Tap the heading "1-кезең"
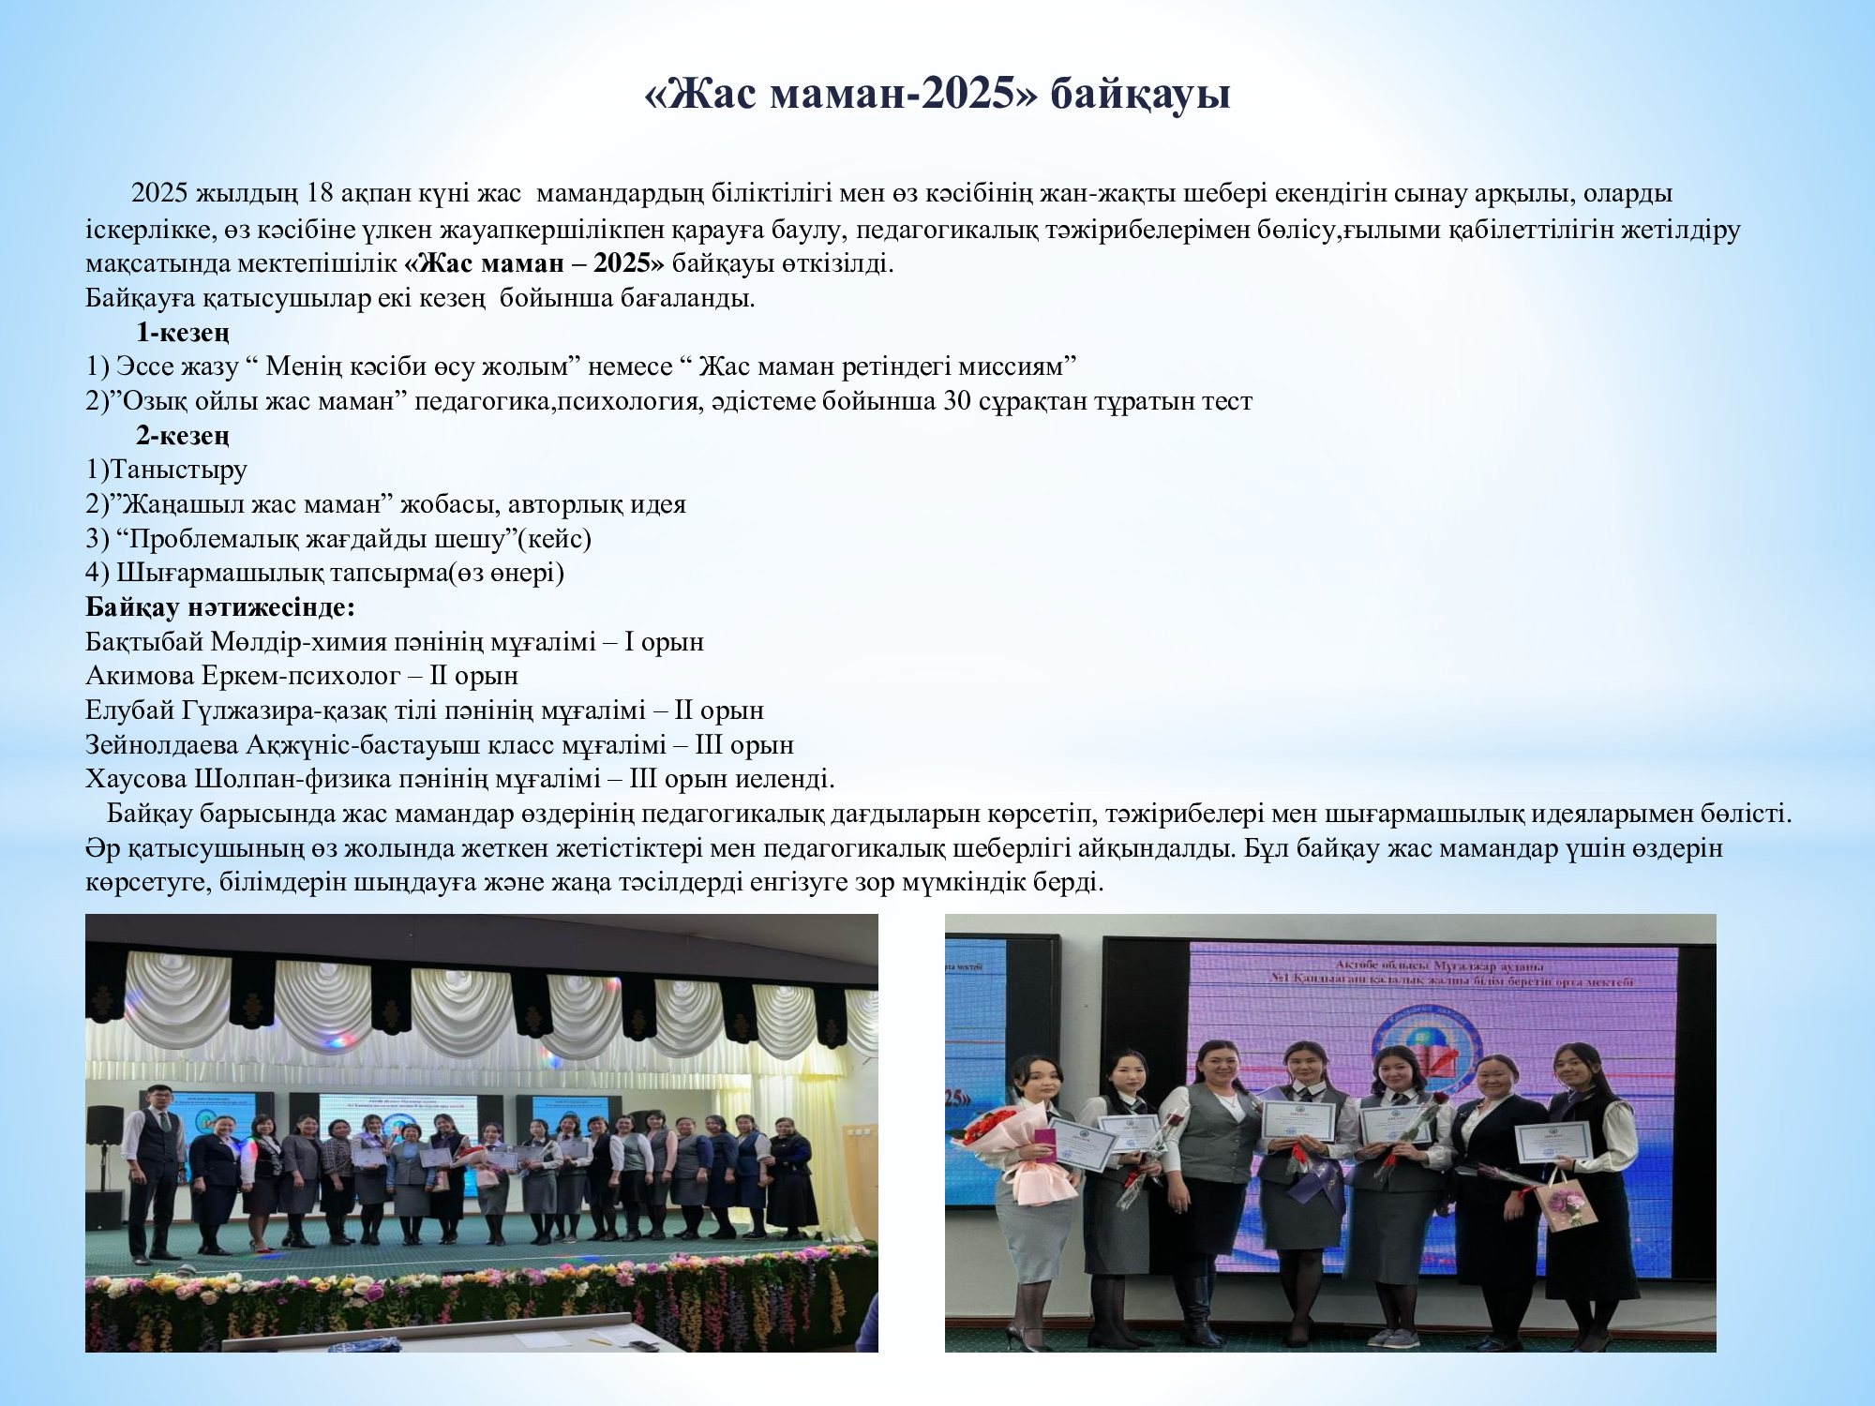[x=182, y=333]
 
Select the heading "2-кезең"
[x=182, y=436]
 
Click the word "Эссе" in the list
[x=149, y=366]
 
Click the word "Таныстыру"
[x=179, y=470]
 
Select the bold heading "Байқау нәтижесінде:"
[x=220, y=607]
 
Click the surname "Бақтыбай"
[x=144, y=642]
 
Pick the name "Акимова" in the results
[x=140, y=676]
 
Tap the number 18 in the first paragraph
[x=320, y=193]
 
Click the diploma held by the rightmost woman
[x=1553, y=1141]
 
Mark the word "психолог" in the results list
[x=352, y=676]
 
